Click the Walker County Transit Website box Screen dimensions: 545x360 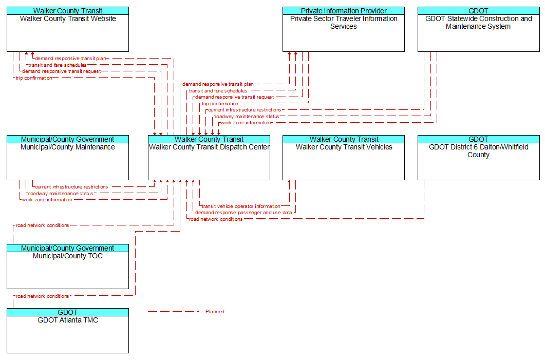pyautogui.click(x=68, y=29)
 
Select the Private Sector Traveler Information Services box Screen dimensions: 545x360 pyautogui.click(x=344, y=29)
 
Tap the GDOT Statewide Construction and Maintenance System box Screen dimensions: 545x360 pyautogui.click(x=479, y=29)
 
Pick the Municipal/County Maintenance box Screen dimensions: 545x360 pyautogui.click(x=68, y=158)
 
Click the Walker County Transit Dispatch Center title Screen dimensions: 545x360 pyautogui.click(x=209, y=147)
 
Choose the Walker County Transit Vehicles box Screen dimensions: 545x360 pyautogui.click(x=344, y=158)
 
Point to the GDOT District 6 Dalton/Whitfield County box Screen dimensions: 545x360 pyautogui.click(x=479, y=158)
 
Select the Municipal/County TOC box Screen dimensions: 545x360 pyautogui.click(x=68, y=267)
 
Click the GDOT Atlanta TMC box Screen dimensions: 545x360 pyautogui.click(x=68, y=330)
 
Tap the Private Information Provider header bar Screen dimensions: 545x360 pyautogui.click(x=344, y=11)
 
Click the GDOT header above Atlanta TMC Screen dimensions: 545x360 pyautogui.click(x=68, y=312)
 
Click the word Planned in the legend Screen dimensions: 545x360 pyautogui.click(x=215, y=312)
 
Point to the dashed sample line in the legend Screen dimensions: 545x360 pyautogui.click(x=174, y=311)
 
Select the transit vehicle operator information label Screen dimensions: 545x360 pyautogui.click(x=241, y=206)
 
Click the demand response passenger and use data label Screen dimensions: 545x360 pyautogui.click(x=243, y=213)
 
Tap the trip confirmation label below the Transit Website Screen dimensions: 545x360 pyautogui.click(x=34, y=78)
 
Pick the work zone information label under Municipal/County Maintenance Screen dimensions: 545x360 pyautogui.click(x=47, y=200)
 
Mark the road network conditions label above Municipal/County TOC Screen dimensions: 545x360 pyautogui.click(x=43, y=225)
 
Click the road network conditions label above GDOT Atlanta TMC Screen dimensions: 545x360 pyautogui.click(x=43, y=296)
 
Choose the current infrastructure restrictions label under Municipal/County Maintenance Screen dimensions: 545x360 pyautogui.click(x=71, y=187)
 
